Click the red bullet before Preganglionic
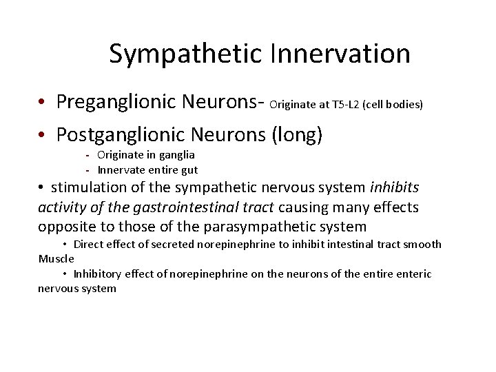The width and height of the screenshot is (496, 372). click(x=43, y=103)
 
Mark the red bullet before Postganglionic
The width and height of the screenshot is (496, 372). click(x=43, y=135)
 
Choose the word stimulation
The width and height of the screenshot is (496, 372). click(x=88, y=188)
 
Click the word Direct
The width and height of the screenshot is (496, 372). click(x=87, y=245)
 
